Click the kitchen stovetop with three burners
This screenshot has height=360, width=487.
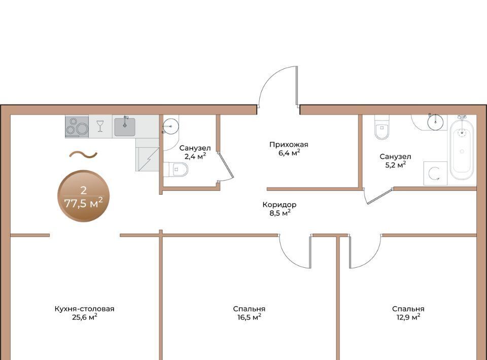pos(77,127)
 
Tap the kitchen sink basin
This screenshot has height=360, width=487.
pos(125,127)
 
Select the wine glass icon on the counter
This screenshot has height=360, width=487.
pos(100,126)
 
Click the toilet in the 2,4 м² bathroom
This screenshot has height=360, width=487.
pos(176,169)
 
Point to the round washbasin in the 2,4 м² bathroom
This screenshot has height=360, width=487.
pos(170,127)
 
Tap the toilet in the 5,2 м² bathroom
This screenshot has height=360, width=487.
pos(381,128)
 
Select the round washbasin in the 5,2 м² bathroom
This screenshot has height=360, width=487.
pos(435,122)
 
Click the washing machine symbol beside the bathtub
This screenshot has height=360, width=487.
pos(435,173)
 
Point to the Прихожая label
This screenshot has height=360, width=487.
pos(289,145)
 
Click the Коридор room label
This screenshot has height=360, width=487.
pos(280,205)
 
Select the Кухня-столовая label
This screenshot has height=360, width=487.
pos(85,309)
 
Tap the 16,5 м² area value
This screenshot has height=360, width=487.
pos(249,317)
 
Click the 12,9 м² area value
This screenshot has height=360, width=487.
pos(408,317)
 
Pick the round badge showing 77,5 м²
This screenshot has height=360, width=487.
pos(83,196)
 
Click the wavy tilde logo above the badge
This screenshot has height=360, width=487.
pos(83,154)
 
